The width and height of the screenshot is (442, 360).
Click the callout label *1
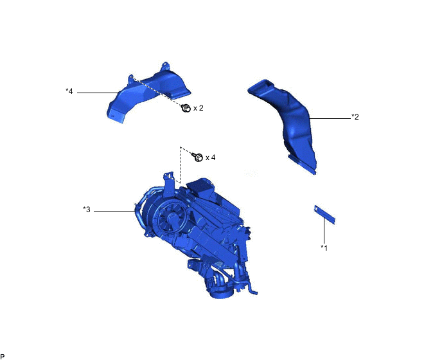[x=324, y=248]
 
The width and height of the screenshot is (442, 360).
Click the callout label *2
[x=355, y=117]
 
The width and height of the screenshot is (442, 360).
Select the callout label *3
[x=87, y=210]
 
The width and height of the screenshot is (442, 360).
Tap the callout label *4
[x=69, y=91]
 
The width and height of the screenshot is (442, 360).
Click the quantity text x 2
[x=198, y=108]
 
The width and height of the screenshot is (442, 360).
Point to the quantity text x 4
[x=210, y=157]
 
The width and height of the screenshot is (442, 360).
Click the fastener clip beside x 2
[x=186, y=108]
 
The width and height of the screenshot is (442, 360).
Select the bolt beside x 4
[x=197, y=157]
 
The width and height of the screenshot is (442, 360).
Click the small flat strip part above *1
[x=324, y=215]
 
